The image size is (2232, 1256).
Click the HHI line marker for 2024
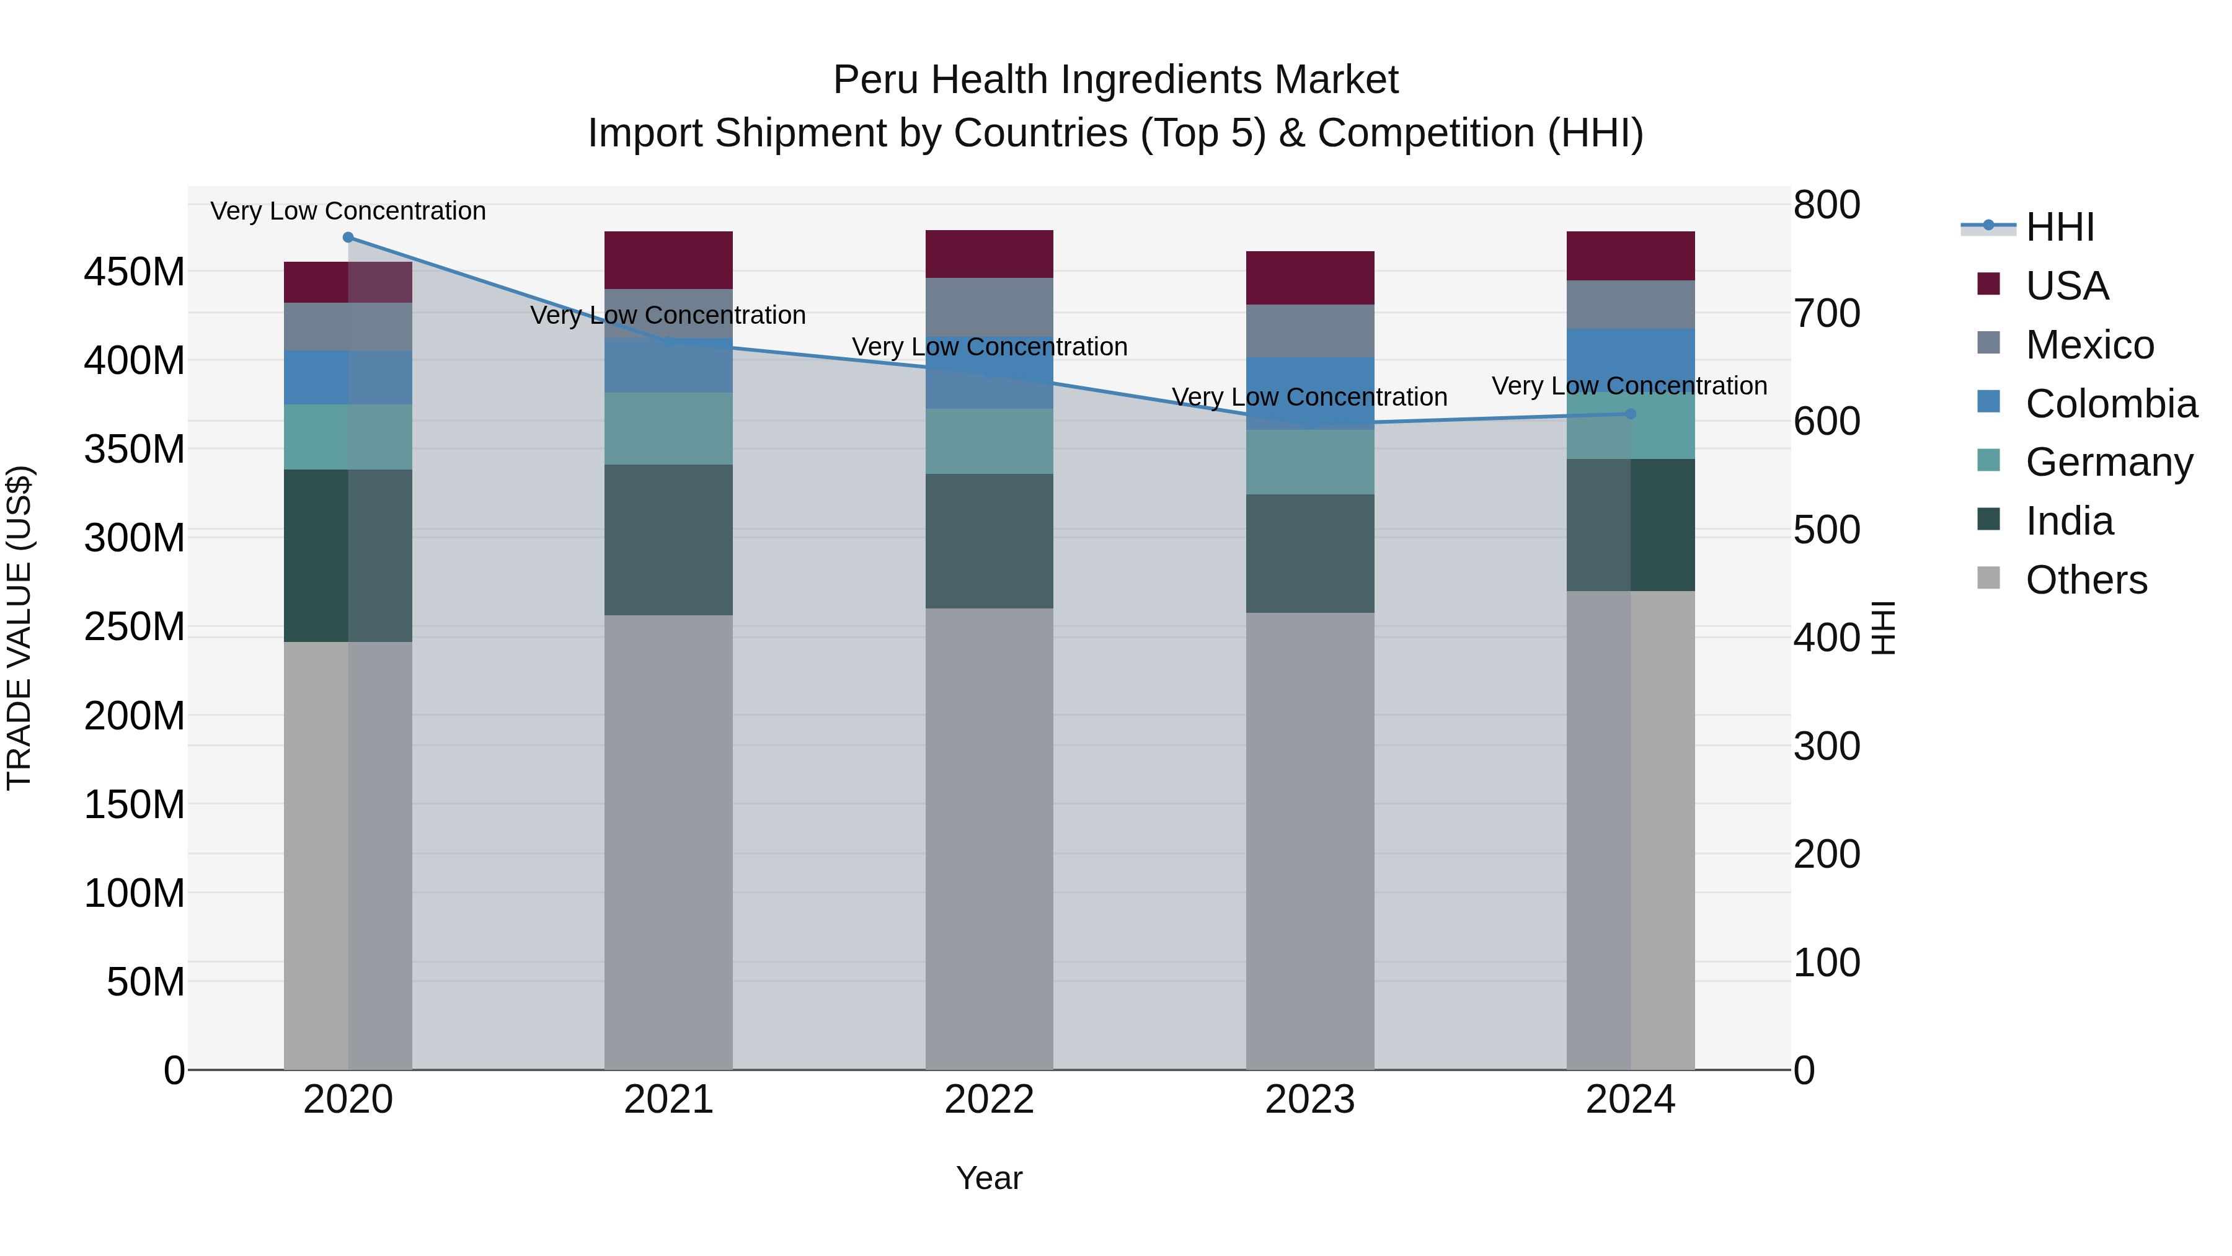tap(1630, 414)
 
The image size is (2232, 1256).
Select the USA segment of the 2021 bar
tap(668, 259)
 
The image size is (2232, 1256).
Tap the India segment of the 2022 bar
tap(989, 540)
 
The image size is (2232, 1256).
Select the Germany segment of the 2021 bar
tap(668, 427)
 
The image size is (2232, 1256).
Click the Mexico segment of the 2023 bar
tap(1309, 330)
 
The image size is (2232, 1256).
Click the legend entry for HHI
tap(2060, 227)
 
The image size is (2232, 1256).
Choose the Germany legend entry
tap(2108, 462)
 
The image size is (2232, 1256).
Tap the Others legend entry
tap(2086, 580)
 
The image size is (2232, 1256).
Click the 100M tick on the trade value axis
tap(135, 893)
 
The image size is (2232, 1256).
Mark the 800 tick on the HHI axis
tap(1827, 205)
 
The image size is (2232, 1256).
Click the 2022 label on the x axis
tap(989, 1099)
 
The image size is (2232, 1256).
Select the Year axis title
tap(989, 1178)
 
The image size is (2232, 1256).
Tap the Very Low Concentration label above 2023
tap(1309, 397)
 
